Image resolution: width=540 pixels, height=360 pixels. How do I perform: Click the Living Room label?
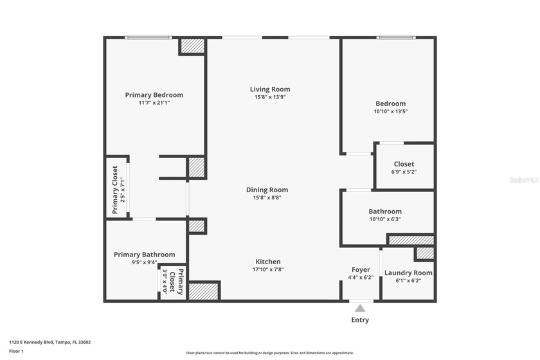[270, 89]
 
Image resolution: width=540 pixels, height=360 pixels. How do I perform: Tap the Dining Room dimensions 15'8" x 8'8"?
[267, 198]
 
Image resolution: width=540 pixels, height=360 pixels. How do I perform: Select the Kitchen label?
[268, 262]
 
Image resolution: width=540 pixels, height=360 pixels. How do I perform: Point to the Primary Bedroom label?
[154, 95]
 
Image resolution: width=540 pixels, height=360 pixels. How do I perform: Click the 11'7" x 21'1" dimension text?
[154, 103]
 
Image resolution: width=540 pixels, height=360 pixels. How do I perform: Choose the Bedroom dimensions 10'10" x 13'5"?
[391, 111]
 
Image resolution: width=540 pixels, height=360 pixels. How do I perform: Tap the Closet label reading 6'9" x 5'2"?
[404, 164]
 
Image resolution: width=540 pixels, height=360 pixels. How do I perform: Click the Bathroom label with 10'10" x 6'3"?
[385, 212]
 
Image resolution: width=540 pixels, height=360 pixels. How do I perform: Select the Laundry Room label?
[408, 273]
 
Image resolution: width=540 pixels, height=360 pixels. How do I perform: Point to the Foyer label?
[360, 269]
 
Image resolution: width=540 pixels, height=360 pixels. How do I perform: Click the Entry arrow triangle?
[360, 308]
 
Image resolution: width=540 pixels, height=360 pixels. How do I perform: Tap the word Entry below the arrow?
[360, 319]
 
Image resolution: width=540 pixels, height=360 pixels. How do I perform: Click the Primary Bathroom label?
[144, 255]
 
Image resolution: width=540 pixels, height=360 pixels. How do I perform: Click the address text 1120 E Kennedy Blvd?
[50, 342]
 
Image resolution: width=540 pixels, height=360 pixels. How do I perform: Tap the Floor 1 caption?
[16, 351]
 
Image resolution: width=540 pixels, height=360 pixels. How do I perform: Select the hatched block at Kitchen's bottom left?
[204, 291]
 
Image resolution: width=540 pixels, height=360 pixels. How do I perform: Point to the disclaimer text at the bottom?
[270, 353]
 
